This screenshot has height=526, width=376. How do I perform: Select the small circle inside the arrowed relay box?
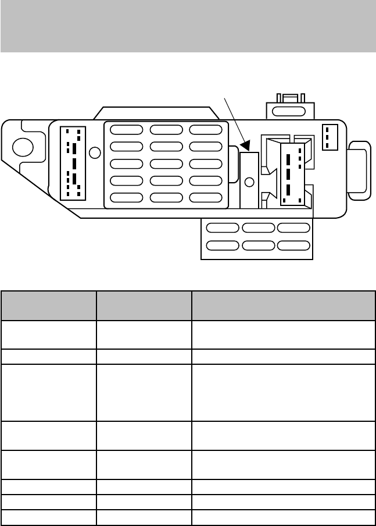pyautogui.click(x=249, y=182)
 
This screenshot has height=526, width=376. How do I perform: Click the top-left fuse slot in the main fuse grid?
pyautogui.click(x=126, y=130)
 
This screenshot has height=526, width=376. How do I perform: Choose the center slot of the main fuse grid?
pyautogui.click(x=166, y=164)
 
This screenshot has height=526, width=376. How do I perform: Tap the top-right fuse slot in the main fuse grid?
pyautogui.click(x=205, y=130)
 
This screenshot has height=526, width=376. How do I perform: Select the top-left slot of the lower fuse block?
pyautogui.click(x=222, y=228)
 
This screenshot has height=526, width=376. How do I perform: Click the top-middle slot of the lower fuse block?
pyautogui.click(x=257, y=228)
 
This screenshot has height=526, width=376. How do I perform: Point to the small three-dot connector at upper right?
pyautogui.click(x=330, y=137)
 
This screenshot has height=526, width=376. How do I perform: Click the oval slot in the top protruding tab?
pyautogui.click(x=289, y=111)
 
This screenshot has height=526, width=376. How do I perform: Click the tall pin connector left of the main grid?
pyautogui.click(x=73, y=162)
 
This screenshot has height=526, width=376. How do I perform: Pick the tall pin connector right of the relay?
pyautogui.click(x=291, y=173)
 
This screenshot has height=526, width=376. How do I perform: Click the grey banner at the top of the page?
pyautogui.click(x=188, y=26)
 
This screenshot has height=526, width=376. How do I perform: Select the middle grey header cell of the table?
pyautogui.click(x=144, y=305)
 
